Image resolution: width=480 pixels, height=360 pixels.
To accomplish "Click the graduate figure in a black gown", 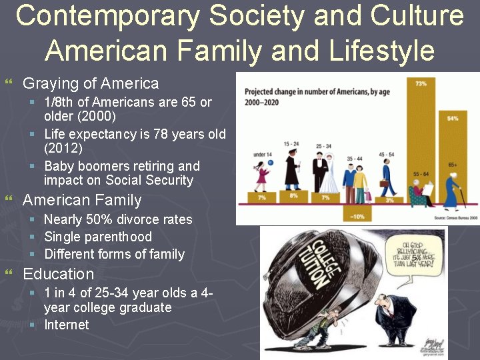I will (291, 172).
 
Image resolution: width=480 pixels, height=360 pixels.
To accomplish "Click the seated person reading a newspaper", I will (419, 193).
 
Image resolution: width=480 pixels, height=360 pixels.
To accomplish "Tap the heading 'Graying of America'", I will (91, 84).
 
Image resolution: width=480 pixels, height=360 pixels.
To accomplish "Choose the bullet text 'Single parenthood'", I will (98, 237).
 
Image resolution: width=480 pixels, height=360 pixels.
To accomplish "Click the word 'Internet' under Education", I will (66, 325).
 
